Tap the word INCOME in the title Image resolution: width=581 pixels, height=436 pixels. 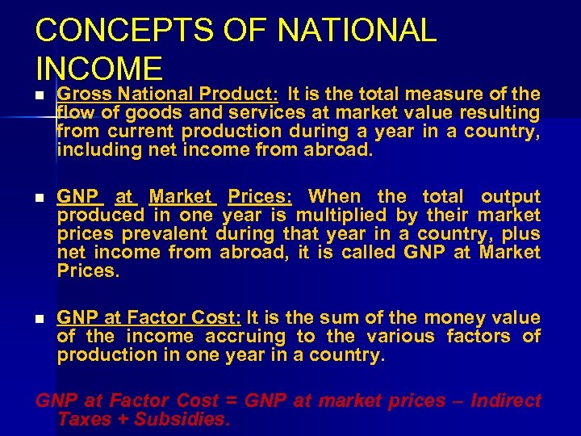tap(98, 68)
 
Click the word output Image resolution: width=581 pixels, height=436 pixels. tap(510, 196)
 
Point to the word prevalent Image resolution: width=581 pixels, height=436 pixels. tap(167, 233)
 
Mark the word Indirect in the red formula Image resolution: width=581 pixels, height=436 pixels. tap(507, 400)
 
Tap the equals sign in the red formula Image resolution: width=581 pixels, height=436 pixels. tap(232, 401)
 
